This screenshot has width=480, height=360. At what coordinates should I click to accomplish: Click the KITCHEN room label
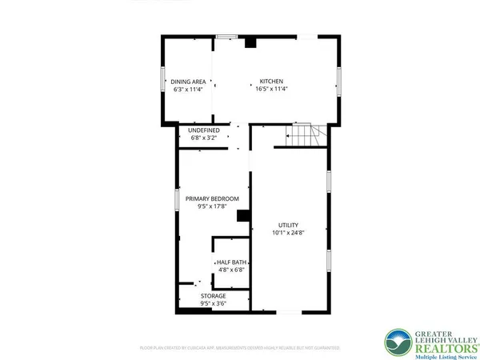[x=270, y=81]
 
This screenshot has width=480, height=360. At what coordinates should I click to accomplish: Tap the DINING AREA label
[x=189, y=81]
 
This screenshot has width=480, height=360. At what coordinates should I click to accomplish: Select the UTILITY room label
[x=289, y=225]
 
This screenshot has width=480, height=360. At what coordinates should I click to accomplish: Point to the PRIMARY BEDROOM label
[x=212, y=199]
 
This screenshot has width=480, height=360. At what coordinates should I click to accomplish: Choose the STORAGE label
[x=213, y=296]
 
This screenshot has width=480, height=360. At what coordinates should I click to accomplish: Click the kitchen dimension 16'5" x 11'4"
[x=270, y=89]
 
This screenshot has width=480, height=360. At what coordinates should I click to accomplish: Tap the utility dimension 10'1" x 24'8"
[x=289, y=233]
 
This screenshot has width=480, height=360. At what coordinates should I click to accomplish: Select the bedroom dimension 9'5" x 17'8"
[x=212, y=207]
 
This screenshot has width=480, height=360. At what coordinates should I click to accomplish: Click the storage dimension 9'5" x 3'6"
[x=213, y=304]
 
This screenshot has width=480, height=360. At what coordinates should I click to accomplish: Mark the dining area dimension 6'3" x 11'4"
[x=189, y=89]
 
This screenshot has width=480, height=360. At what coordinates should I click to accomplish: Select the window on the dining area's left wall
[x=164, y=82]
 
